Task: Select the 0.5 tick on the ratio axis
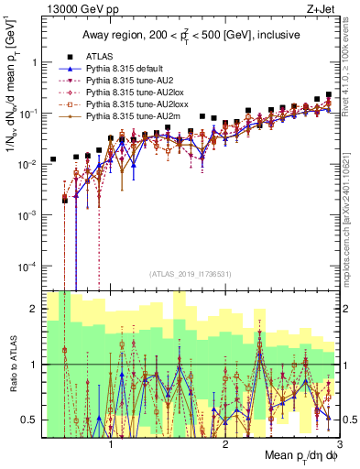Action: pyautogui.click(x=31, y=420)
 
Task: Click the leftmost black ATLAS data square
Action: pyautogui.click(x=53, y=159)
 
